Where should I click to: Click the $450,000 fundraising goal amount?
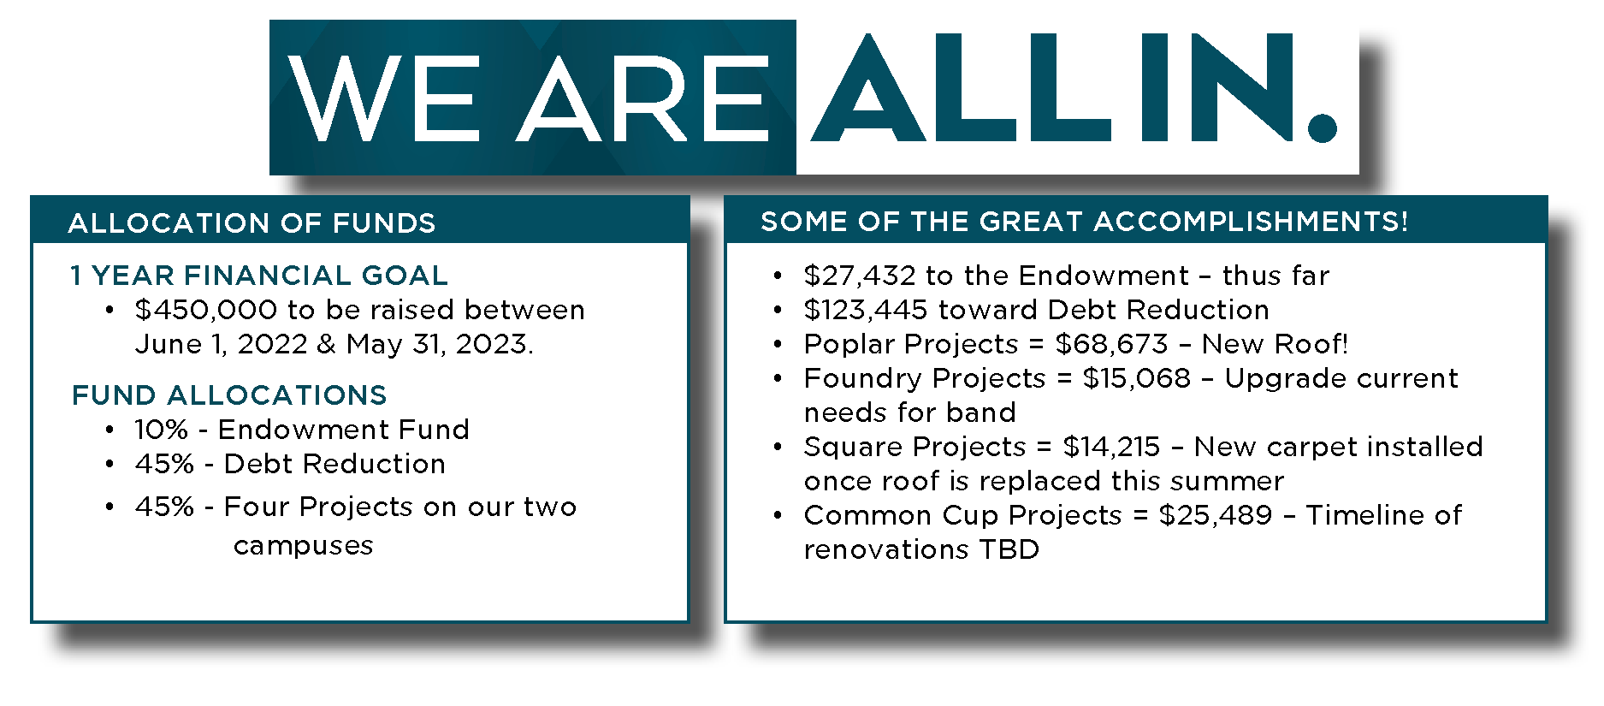206,310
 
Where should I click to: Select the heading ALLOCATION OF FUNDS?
252,223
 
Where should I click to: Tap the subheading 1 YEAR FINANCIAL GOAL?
259,276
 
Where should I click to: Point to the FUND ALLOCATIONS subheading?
229,395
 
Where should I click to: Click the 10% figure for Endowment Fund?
161,430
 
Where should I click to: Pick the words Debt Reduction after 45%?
334,464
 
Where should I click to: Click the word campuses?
304,546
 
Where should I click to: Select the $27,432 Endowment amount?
861,276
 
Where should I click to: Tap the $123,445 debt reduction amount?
866,310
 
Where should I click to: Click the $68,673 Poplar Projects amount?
1112,344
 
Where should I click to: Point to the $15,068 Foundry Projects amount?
1137,378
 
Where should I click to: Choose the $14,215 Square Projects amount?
1111,447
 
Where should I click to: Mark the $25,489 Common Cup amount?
1216,515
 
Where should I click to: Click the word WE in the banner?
384,98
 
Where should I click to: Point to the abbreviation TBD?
1009,549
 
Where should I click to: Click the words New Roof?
1275,344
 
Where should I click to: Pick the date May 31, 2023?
440,344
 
